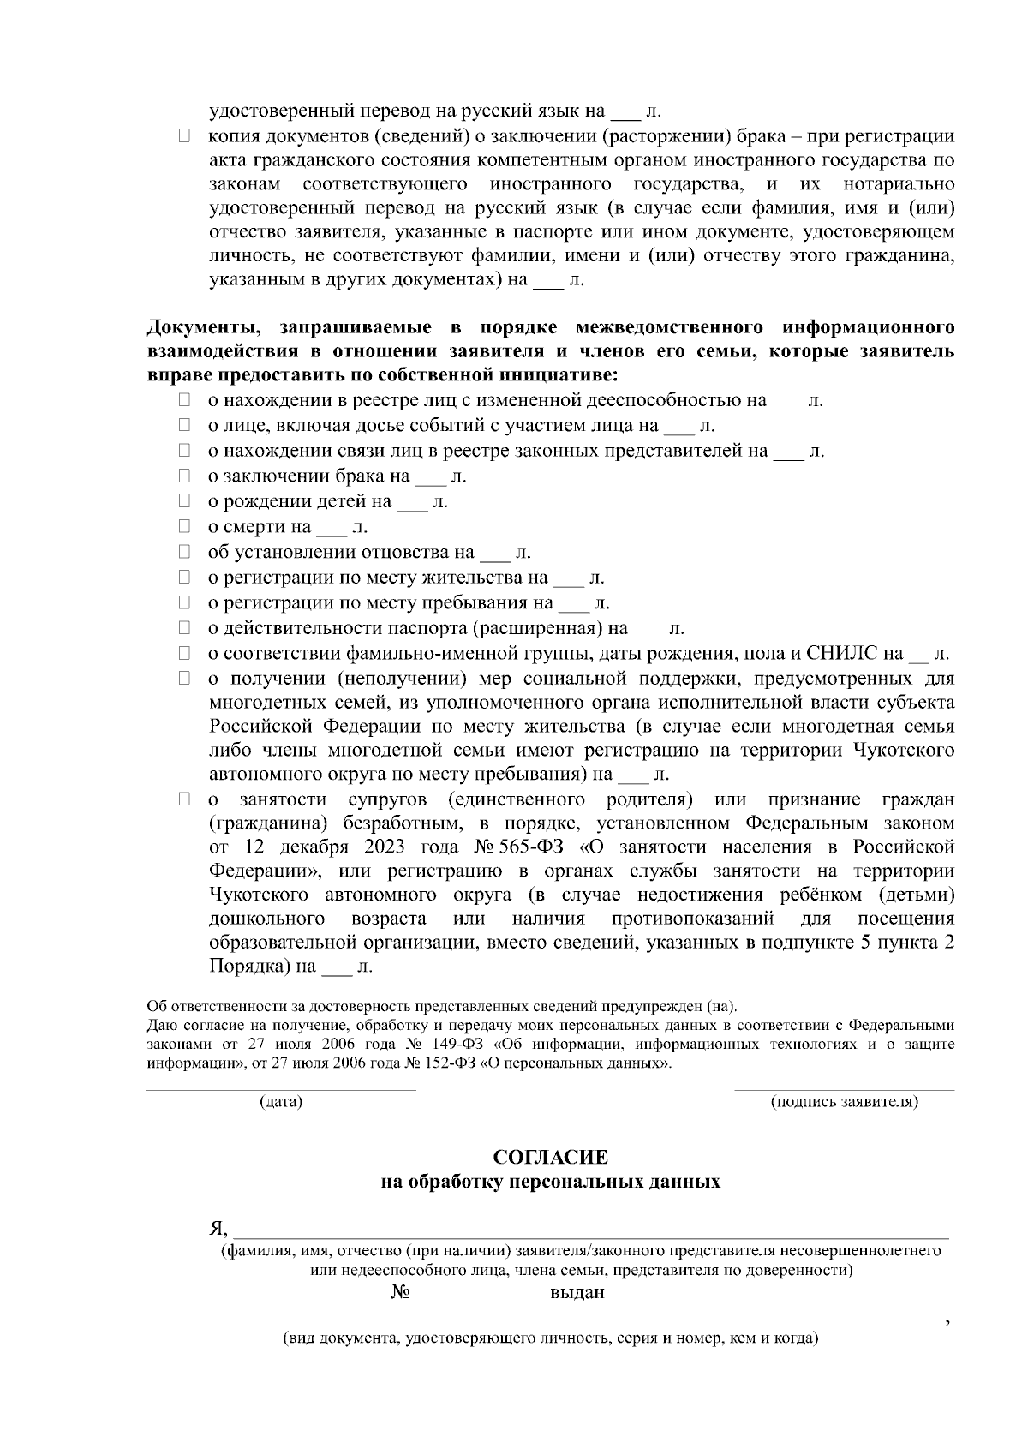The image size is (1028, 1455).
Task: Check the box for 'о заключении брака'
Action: pos(184,476)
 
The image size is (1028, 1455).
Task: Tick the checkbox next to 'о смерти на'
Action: pos(184,526)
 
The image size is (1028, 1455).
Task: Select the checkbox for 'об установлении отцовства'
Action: pos(184,552)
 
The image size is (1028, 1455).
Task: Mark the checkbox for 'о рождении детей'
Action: pos(184,501)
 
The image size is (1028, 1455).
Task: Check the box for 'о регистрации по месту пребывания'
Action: pos(184,602)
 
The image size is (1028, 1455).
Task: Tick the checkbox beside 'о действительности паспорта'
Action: pos(184,628)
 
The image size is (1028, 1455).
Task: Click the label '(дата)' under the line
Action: pos(281,1102)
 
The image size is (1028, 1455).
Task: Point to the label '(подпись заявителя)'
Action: pos(844,1102)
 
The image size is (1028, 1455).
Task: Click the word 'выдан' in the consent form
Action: pos(577,1292)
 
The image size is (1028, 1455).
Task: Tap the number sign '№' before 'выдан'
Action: pos(399,1292)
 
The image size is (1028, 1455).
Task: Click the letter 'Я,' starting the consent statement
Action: pos(218,1229)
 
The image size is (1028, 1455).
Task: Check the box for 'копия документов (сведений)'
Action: pos(184,136)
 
